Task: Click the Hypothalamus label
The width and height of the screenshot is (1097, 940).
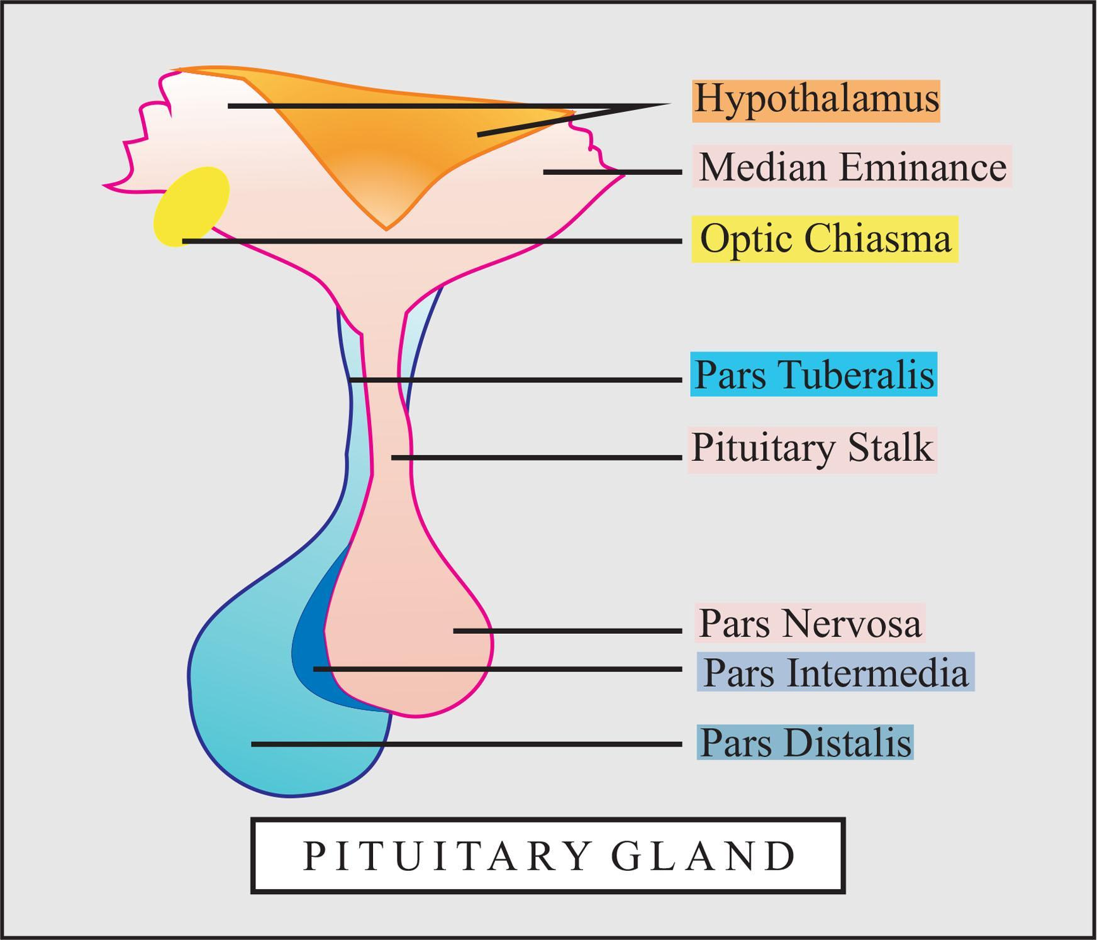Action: pos(816,100)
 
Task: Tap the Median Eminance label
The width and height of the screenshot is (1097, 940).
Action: pos(852,167)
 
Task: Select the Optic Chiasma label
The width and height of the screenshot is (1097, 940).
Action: pos(825,239)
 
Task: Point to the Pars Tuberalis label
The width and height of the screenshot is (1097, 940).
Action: pos(814,375)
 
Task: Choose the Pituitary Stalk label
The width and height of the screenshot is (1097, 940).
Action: pos(812,449)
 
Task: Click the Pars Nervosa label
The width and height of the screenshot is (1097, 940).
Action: pos(810,624)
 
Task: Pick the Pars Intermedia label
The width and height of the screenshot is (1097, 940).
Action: pos(835,672)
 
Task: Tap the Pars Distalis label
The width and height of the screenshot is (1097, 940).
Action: pos(805,743)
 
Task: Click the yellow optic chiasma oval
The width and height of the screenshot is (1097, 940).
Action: pos(191,206)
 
